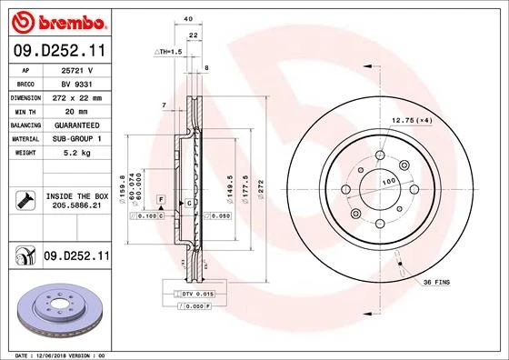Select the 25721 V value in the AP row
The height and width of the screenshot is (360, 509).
[77, 69]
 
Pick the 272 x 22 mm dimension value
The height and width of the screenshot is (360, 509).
[77, 96]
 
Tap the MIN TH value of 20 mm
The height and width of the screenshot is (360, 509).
[77, 110]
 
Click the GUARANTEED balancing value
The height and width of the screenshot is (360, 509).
[77, 124]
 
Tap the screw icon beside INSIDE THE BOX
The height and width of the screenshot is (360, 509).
[25, 200]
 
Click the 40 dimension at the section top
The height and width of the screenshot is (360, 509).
[187, 18]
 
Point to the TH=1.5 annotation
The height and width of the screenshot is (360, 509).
[168, 53]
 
